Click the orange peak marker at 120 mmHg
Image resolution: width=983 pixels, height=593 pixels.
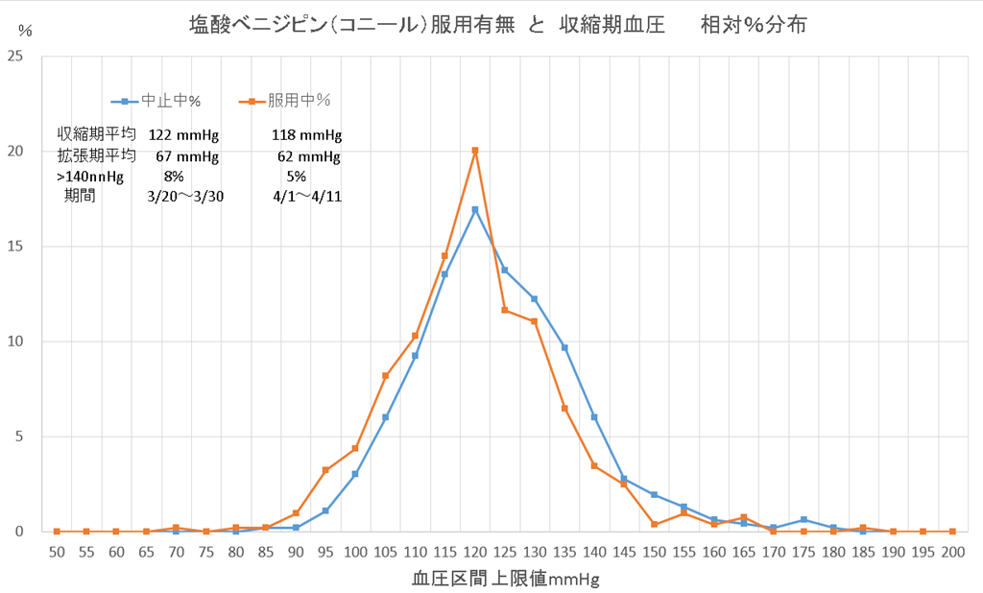[x=474, y=151]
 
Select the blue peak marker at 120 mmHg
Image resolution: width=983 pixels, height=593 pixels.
[x=474, y=209]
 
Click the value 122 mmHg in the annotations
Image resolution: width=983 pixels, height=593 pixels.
[x=183, y=134]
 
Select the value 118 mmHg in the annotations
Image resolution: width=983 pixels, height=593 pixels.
[x=307, y=134]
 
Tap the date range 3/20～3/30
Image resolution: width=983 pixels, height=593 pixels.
[x=185, y=198]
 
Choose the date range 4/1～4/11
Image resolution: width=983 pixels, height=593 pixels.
[x=307, y=198]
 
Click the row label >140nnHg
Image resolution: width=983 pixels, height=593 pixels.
[x=90, y=177]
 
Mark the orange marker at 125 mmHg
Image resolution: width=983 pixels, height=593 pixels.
[x=504, y=310]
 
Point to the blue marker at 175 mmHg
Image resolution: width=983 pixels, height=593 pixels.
[x=803, y=520]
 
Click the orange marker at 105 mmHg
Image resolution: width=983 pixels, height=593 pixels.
[x=385, y=376]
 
